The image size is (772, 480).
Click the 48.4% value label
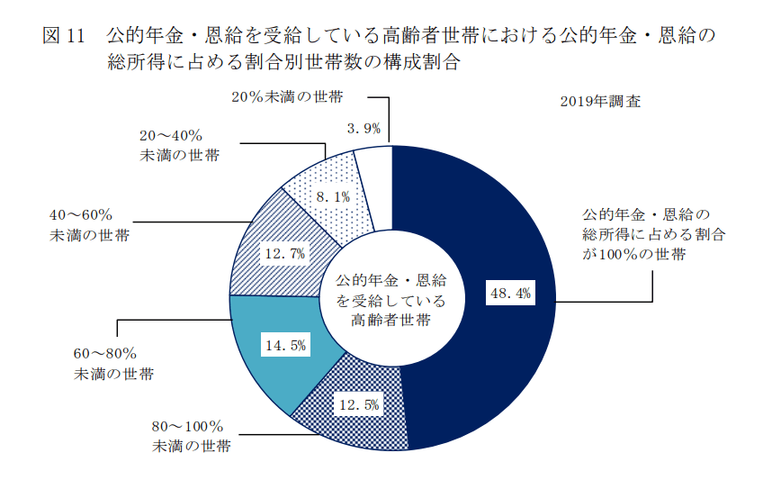(x=510, y=293)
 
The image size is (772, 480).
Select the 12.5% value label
(x=358, y=404)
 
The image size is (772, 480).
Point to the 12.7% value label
(x=284, y=253)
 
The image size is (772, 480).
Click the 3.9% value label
(x=364, y=129)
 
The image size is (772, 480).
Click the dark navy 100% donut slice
(x=504, y=360)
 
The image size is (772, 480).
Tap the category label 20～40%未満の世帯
(x=179, y=145)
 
